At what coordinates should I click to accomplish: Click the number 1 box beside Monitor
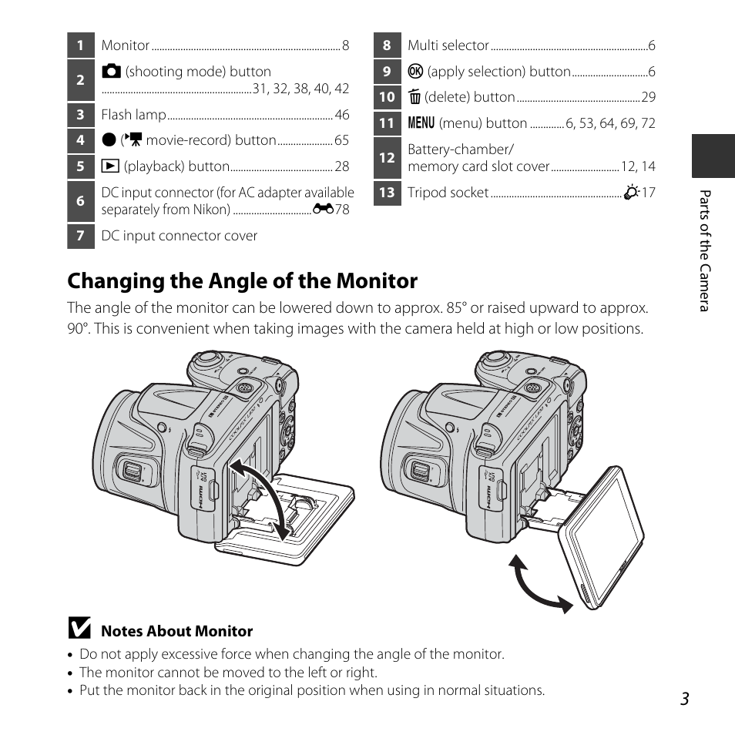(80, 45)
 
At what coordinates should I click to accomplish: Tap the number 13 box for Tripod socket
(387, 193)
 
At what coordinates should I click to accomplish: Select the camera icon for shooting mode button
(112, 72)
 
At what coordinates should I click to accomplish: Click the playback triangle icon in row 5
(109, 166)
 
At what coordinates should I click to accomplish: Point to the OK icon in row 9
(414, 72)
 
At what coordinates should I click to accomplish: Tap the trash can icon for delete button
(414, 97)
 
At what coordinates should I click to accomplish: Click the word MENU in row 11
(420, 123)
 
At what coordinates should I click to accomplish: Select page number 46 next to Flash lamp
(342, 115)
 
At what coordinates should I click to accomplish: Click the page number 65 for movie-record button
(341, 140)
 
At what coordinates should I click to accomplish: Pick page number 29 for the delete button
(648, 97)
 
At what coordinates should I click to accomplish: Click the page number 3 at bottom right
(684, 698)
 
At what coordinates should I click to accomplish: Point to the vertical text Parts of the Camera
(703, 251)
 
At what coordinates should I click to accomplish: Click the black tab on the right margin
(713, 156)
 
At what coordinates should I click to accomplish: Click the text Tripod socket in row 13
(448, 193)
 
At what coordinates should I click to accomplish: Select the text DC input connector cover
(180, 236)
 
